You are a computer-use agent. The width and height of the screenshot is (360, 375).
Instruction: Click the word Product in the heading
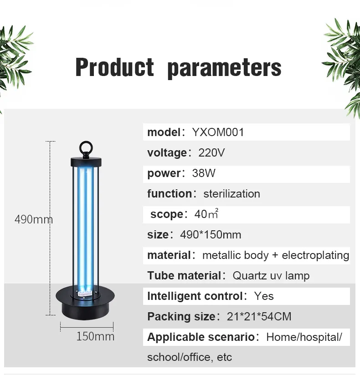click(x=114, y=67)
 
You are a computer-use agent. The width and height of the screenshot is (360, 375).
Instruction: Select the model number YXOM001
click(x=218, y=132)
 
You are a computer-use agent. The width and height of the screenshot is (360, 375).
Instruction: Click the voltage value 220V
click(x=211, y=153)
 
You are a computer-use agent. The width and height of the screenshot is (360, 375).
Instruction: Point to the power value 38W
click(x=204, y=173)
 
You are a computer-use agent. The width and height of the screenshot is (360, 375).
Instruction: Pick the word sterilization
click(x=231, y=194)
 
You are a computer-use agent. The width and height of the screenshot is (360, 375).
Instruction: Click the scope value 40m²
click(x=206, y=214)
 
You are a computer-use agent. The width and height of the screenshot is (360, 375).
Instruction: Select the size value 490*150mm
click(x=211, y=235)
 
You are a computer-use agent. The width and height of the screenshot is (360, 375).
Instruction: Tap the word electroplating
click(x=315, y=255)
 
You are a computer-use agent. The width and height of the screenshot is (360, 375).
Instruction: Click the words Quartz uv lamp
click(x=271, y=276)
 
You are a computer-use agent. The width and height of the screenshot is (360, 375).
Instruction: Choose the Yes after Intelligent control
click(x=264, y=296)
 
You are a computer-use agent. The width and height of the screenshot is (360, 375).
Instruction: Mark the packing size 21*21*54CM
click(x=259, y=317)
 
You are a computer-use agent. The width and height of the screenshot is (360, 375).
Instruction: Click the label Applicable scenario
click(x=201, y=337)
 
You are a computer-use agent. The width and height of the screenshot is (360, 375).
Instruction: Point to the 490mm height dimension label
click(x=33, y=219)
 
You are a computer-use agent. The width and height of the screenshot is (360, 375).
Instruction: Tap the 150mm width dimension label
click(x=95, y=337)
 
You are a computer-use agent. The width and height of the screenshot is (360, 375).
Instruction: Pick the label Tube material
click(x=184, y=276)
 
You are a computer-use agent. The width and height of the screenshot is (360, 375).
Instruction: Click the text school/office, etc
click(x=190, y=357)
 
